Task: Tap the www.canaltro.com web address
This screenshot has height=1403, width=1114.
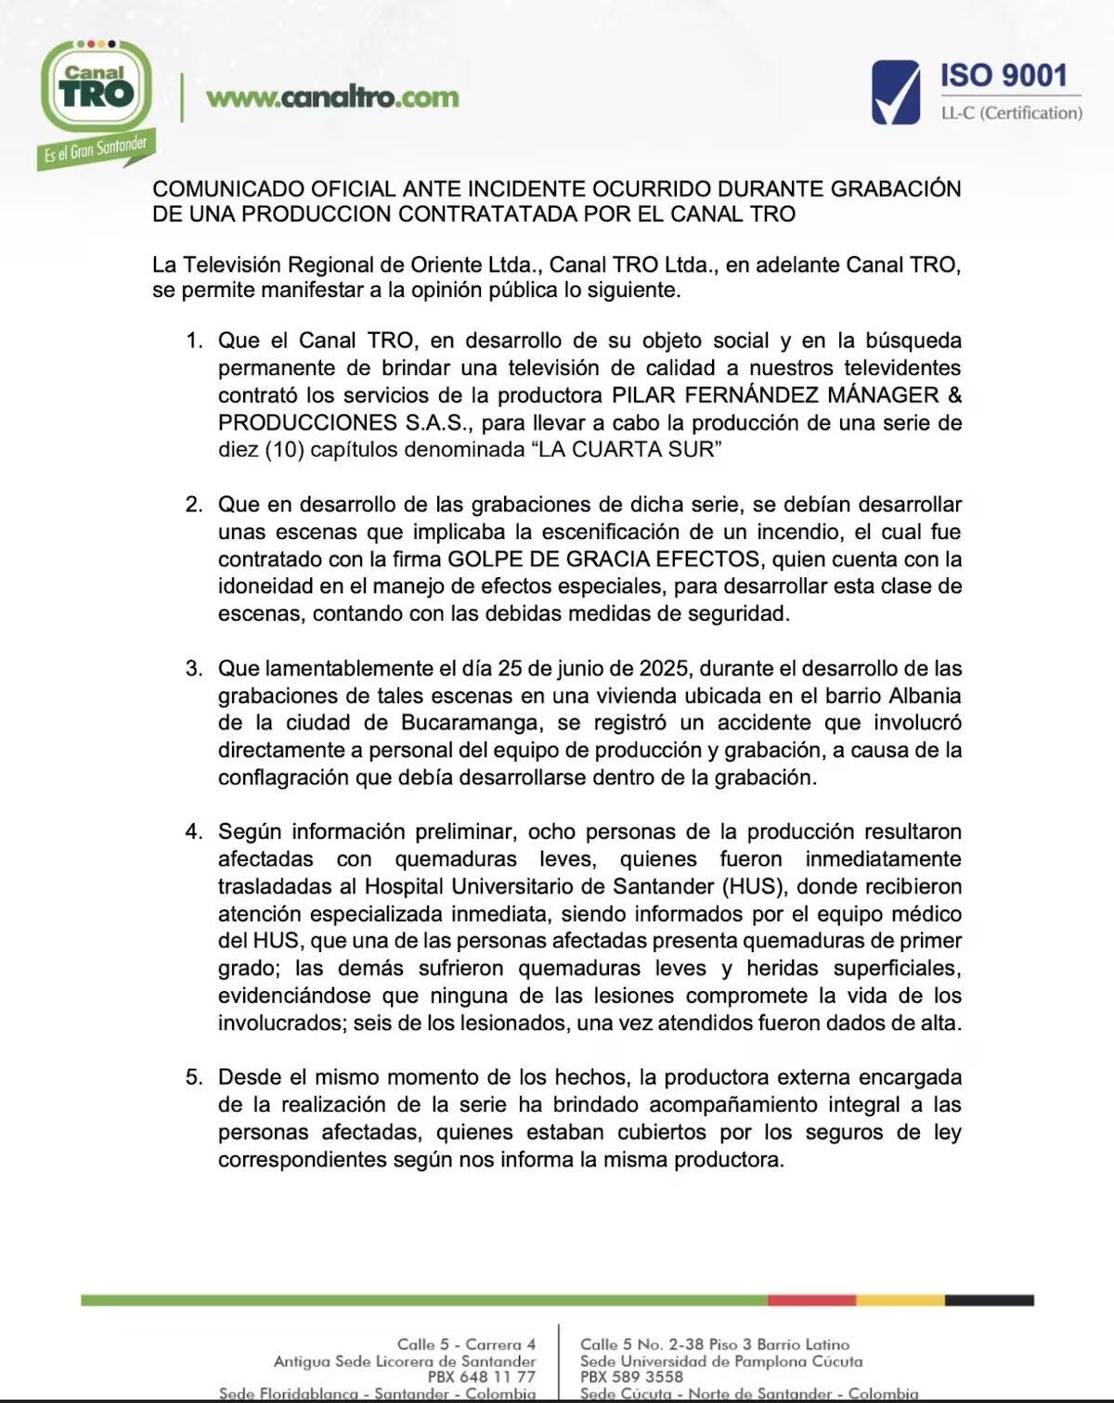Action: tap(332, 97)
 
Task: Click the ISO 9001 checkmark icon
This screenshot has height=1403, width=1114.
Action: tap(895, 92)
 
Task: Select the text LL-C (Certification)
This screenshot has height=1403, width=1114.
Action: tap(1011, 113)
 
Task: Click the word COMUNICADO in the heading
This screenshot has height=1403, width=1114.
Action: tap(216, 188)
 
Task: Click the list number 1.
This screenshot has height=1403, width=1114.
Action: tap(193, 341)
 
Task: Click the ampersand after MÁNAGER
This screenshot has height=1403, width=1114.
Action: tap(954, 395)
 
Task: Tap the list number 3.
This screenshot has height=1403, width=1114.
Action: tap(193, 668)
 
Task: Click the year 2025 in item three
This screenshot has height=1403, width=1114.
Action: tap(665, 668)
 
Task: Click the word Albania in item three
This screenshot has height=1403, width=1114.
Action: tap(925, 696)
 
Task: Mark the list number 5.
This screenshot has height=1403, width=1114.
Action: tap(193, 1077)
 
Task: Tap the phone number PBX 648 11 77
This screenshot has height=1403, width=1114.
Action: tap(481, 1377)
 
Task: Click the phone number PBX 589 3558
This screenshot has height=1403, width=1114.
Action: tap(631, 1377)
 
